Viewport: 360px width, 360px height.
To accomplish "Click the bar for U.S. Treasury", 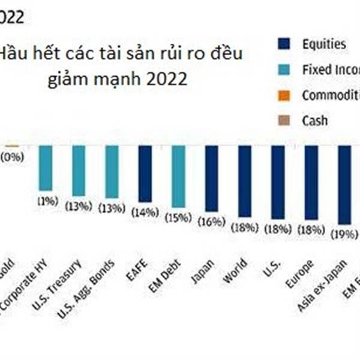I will click(79, 170).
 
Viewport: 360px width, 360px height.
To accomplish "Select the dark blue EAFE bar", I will click(145, 173).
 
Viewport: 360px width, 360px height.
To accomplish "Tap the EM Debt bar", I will click(178, 176).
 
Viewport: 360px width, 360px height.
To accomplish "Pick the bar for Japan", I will click(211, 178).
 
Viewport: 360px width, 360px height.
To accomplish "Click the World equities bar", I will click(244, 181).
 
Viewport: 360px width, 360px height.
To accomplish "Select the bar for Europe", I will click(311, 182).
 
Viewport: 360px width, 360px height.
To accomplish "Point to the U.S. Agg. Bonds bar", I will click(112, 171).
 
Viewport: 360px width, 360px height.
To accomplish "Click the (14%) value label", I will click(146, 212).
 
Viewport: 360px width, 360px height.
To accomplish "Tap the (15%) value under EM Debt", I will click(179, 218).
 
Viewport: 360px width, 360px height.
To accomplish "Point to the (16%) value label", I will click(212, 222).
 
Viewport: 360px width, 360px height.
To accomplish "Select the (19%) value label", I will click(344, 233).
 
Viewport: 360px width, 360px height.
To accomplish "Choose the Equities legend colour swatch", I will click(284, 44).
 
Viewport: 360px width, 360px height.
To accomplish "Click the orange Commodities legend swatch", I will click(284, 95).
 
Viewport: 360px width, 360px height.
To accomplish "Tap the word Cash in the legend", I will click(315, 120).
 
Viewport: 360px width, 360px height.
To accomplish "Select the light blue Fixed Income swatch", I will click(284, 70).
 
